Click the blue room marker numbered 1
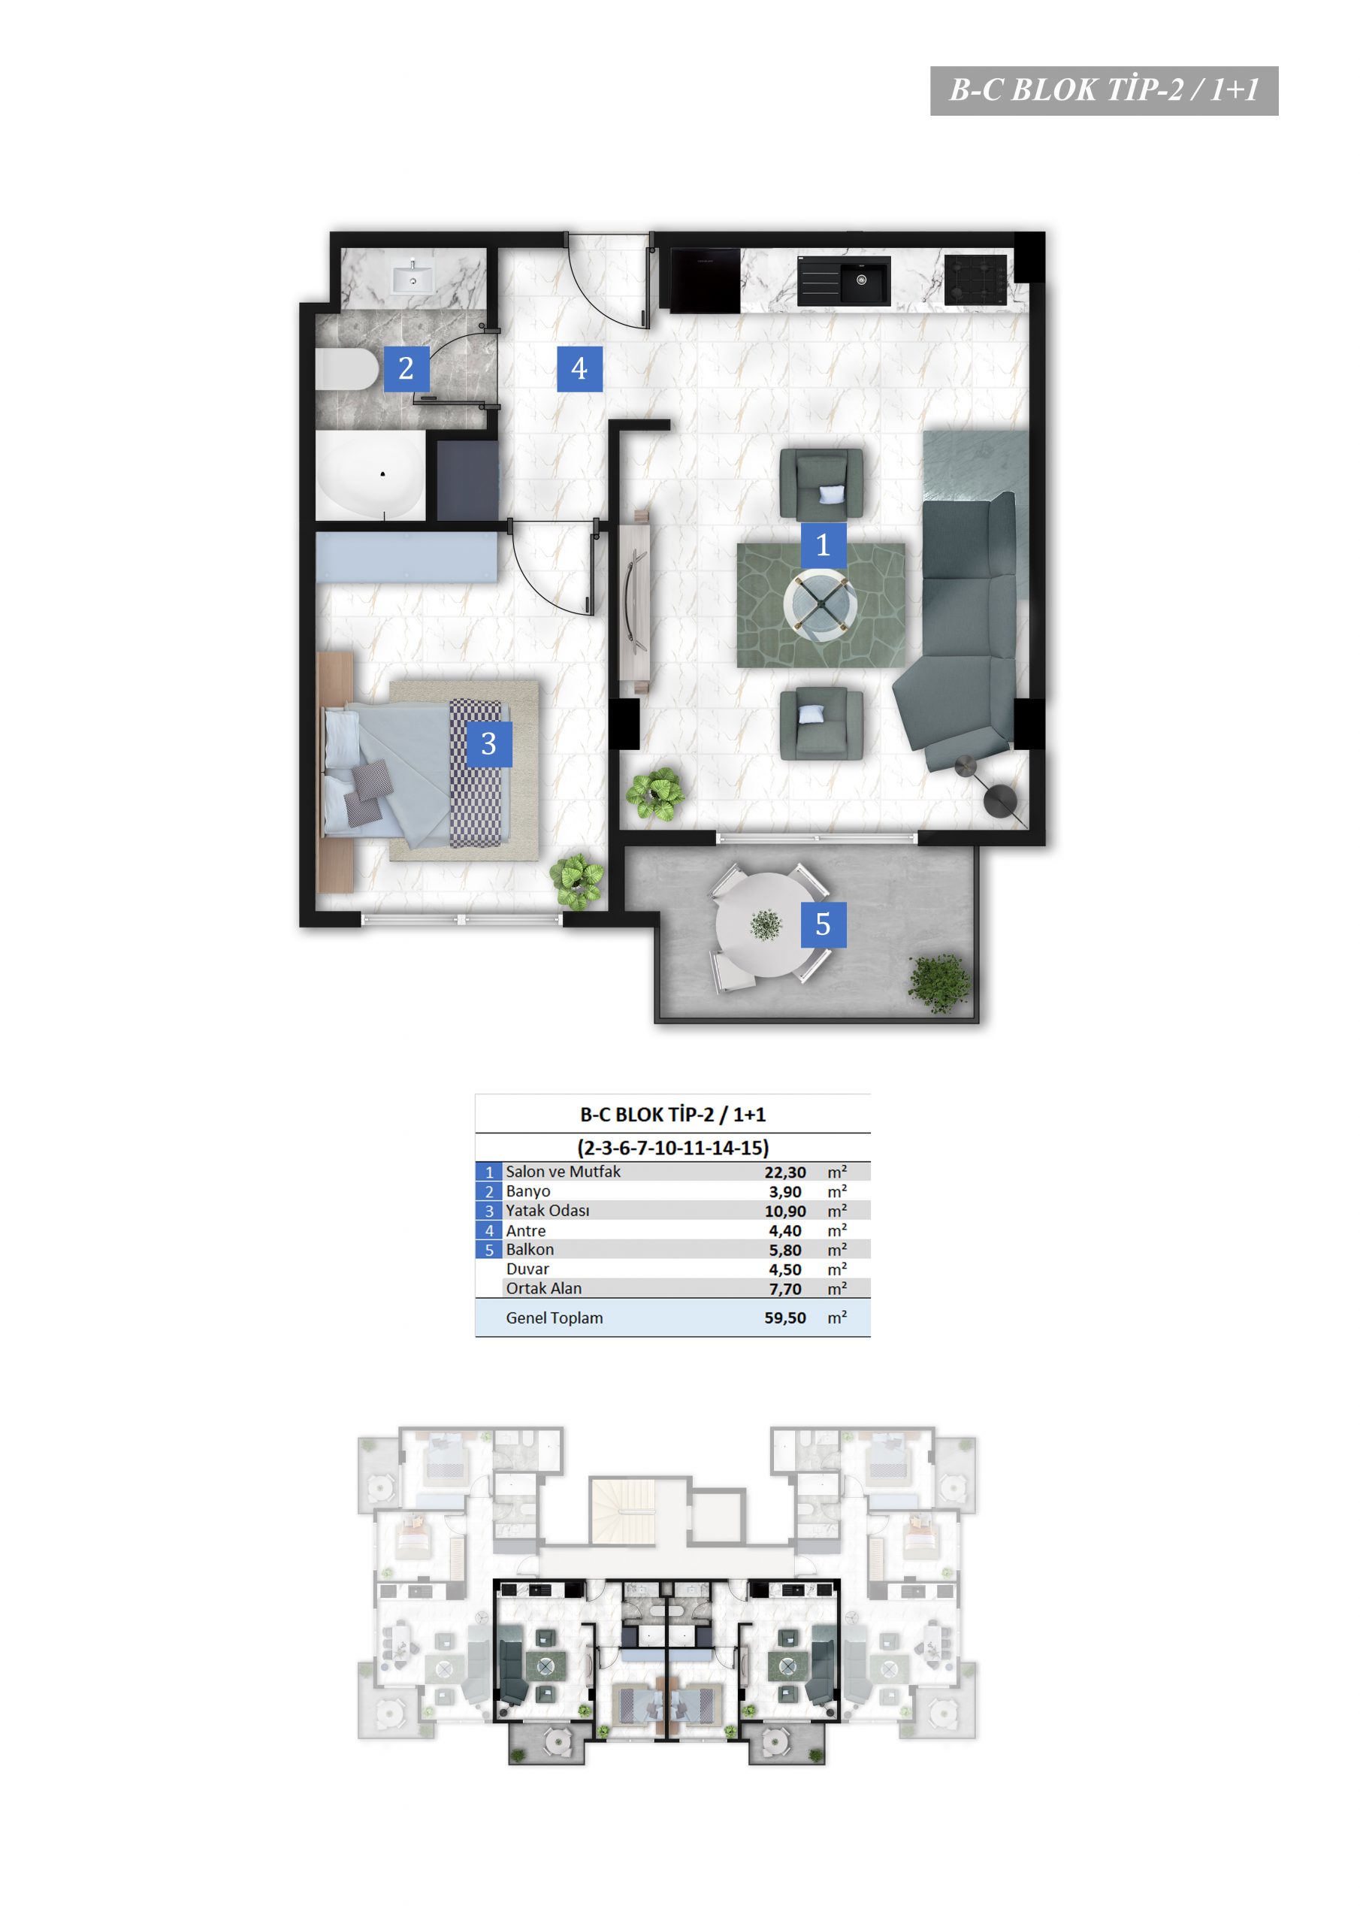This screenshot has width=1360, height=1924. [823, 546]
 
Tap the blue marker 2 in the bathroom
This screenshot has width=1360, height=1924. [406, 369]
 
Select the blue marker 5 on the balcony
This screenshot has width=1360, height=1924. [823, 924]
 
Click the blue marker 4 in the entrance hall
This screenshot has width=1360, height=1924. [580, 369]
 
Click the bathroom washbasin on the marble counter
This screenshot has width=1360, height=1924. [413, 277]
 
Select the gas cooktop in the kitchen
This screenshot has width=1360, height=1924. [975, 280]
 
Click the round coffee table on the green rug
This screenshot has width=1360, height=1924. [821, 606]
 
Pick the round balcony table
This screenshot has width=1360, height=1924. [763, 925]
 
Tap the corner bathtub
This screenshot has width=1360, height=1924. [370, 475]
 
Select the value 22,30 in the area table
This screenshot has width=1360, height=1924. [784, 1172]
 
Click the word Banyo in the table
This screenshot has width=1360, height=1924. [528, 1190]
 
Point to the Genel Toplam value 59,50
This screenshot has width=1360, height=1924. [784, 1317]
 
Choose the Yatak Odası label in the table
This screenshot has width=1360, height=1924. [547, 1210]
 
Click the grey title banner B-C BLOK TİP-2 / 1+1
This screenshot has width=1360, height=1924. [1104, 90]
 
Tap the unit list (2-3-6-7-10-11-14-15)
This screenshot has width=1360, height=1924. [673, 1147]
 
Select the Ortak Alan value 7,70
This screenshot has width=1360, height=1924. [785, 1289]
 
